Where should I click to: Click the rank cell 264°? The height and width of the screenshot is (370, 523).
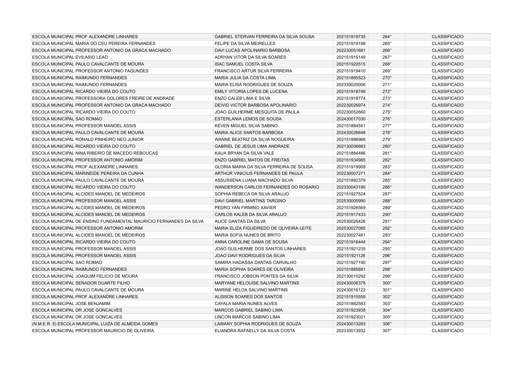(387, 37)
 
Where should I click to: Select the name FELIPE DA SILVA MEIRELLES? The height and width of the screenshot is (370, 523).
(245, 43)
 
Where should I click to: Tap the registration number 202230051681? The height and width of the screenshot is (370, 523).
(351, 50)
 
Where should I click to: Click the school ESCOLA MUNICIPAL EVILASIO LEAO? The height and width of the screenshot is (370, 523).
(70, 57)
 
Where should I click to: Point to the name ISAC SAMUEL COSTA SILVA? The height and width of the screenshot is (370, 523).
(243, 64)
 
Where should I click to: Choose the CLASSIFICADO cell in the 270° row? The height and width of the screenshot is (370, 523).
(447, 78)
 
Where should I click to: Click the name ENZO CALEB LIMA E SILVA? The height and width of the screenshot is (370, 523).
(242, 98)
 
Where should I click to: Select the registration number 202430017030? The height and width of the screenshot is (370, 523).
(351, 119)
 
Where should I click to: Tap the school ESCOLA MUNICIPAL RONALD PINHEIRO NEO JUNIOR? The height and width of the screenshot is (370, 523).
(88, 139)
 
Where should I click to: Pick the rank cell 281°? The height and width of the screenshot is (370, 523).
(387, 153)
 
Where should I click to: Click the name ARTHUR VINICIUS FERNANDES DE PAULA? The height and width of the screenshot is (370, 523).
(258, 173)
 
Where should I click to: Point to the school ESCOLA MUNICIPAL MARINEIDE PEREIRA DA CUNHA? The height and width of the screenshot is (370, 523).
(88, 173)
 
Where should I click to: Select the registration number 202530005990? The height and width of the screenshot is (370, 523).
(351, 201)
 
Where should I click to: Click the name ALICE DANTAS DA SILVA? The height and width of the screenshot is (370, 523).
(240, 221)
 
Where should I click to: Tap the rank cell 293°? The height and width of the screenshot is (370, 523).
(387, 235)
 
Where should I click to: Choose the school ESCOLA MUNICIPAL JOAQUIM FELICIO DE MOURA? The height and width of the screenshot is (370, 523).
(85, 276)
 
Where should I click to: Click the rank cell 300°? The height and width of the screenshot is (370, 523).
(387, 283)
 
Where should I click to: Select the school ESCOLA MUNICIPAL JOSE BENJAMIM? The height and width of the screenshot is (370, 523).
(71, 304)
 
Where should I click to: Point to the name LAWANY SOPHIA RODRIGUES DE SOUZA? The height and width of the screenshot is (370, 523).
(257, 324)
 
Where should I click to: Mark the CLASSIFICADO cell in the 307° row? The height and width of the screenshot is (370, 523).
(447, 331)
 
